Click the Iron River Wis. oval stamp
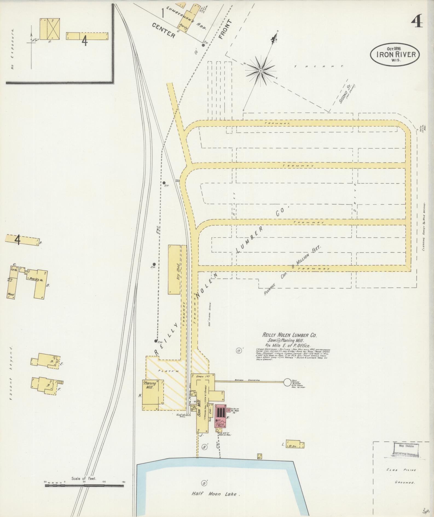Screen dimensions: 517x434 [x=394, y=54]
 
